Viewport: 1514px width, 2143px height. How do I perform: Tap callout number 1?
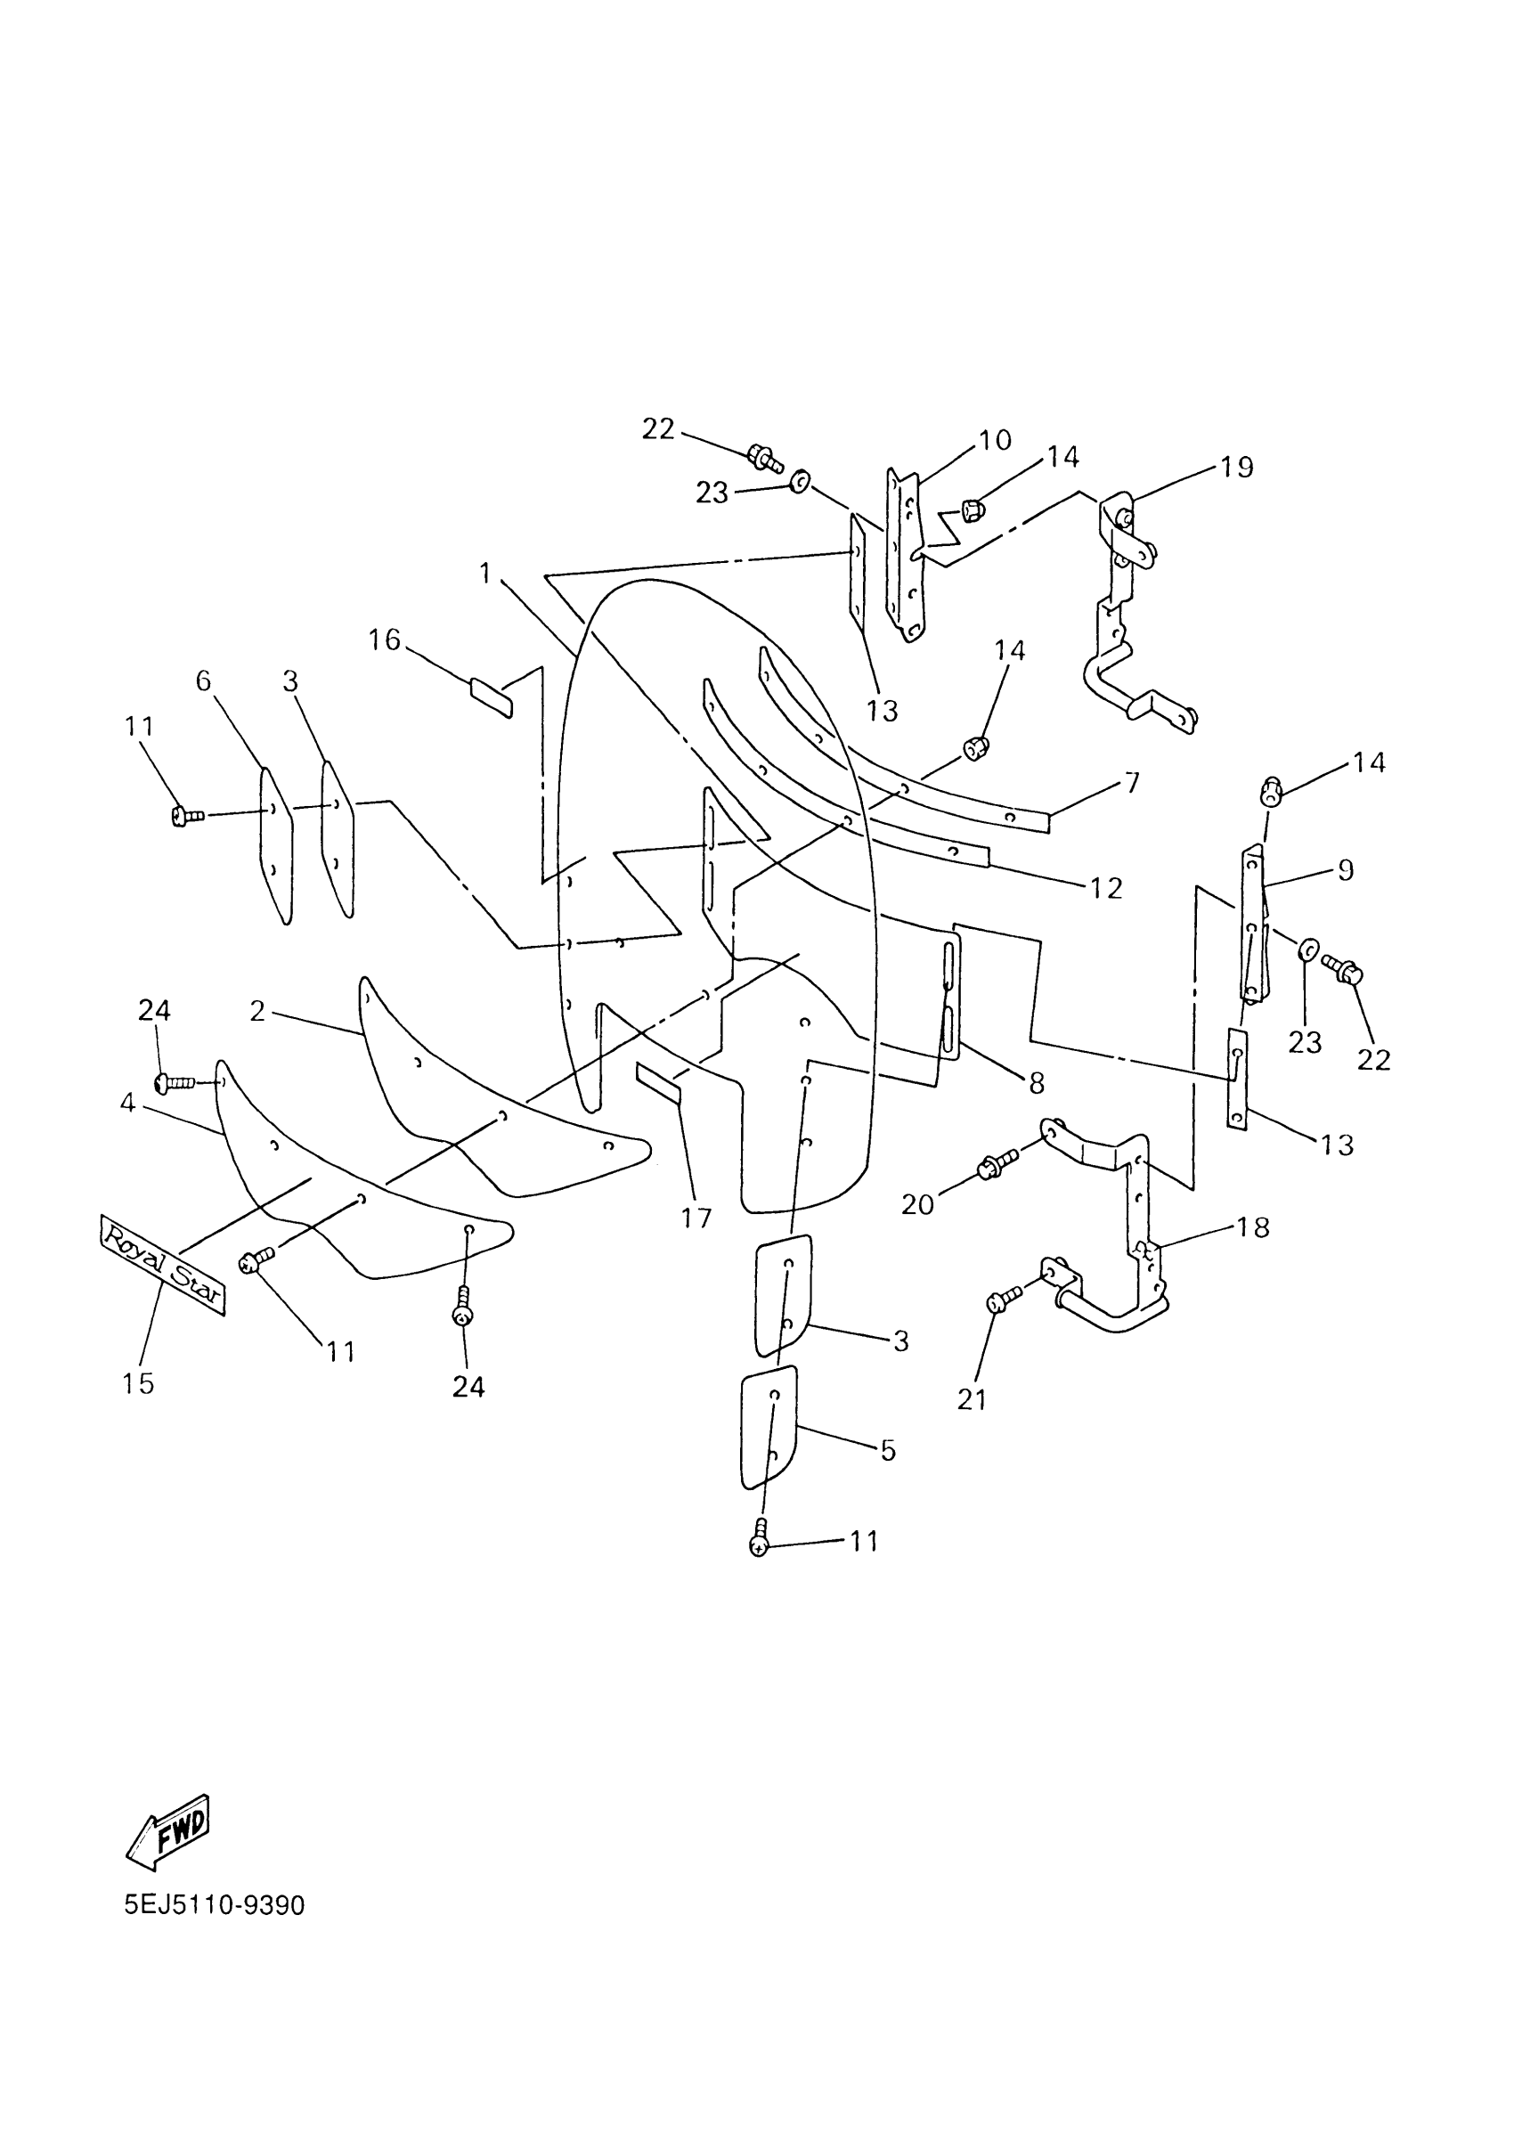point(484,572)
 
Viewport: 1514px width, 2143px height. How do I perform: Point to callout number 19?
point(1237,467)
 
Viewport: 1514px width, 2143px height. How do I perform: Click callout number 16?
point(384,640)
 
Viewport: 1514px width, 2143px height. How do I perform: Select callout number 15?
point(138,1382)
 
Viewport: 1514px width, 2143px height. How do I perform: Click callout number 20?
point(917,1205)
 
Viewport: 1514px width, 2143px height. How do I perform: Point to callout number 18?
point(1254,1227)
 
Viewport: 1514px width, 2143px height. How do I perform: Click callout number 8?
point(1037,1083)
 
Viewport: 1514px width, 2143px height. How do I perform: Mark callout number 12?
point(1105,888)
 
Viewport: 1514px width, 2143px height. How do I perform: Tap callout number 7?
point(1132,782)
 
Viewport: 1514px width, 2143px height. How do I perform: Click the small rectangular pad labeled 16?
point(491,698)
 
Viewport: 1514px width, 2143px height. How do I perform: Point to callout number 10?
point(995,440)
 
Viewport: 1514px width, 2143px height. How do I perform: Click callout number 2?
point(258,1011)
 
